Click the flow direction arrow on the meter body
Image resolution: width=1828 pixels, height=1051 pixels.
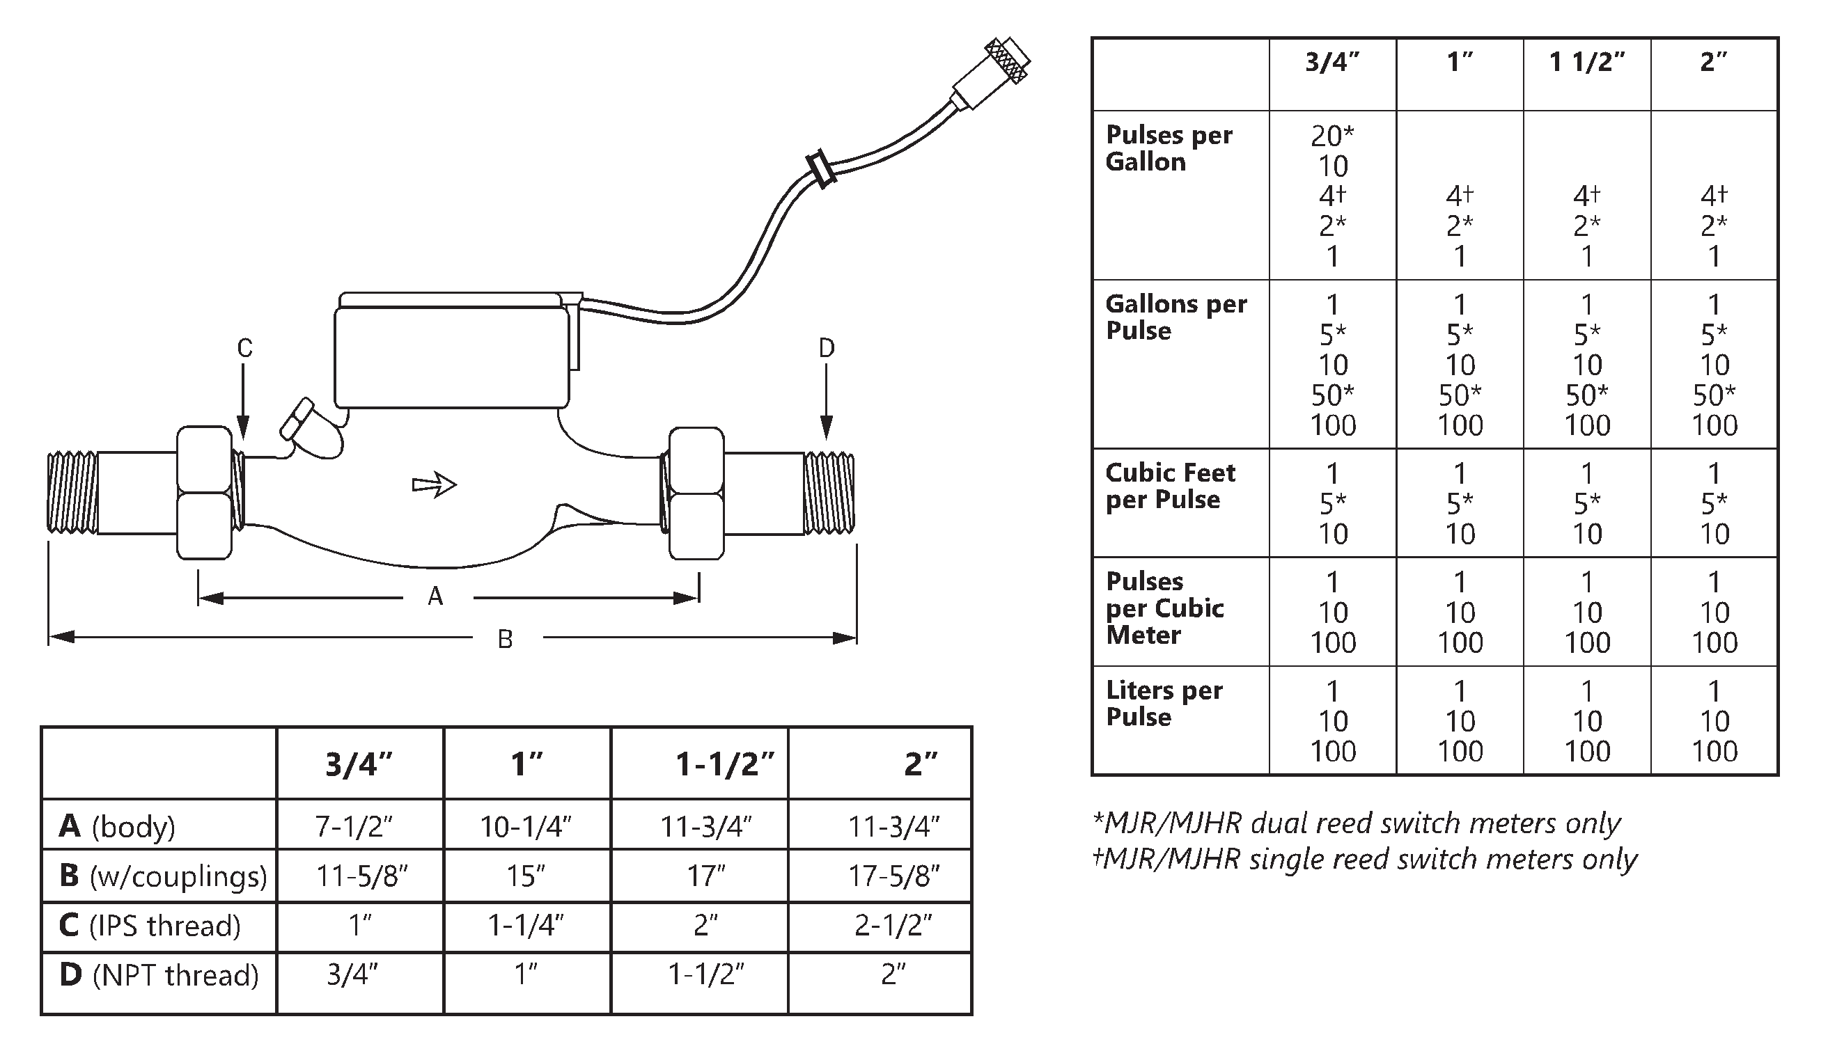point(434,485)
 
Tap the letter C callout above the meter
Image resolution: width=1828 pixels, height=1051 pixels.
point(245,349)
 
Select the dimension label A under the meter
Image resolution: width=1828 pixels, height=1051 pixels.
point(435,597)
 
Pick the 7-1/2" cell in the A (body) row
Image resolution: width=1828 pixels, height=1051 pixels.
point(354,825)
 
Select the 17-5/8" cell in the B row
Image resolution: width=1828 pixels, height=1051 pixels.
point(893,876)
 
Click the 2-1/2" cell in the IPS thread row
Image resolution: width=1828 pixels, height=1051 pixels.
point(893,926)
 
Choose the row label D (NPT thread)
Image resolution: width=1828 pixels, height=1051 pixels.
point(159,975)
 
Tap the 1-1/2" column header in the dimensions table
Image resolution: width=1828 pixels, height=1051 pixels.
point(724,764)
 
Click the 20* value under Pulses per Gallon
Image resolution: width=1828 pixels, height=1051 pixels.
point(1333,136)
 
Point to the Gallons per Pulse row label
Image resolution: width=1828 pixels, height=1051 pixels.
point(1175,317)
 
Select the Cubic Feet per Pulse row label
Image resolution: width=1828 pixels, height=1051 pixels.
point(1170,486)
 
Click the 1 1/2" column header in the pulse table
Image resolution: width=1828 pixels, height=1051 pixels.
point(1587,63)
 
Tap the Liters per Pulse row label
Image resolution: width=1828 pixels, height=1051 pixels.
point(1164,703)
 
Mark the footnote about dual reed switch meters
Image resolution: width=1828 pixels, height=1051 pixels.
point(1357,823)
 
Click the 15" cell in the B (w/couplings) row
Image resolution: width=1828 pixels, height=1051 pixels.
point(526,876)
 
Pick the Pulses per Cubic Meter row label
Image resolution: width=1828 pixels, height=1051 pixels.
point(1164,608)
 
